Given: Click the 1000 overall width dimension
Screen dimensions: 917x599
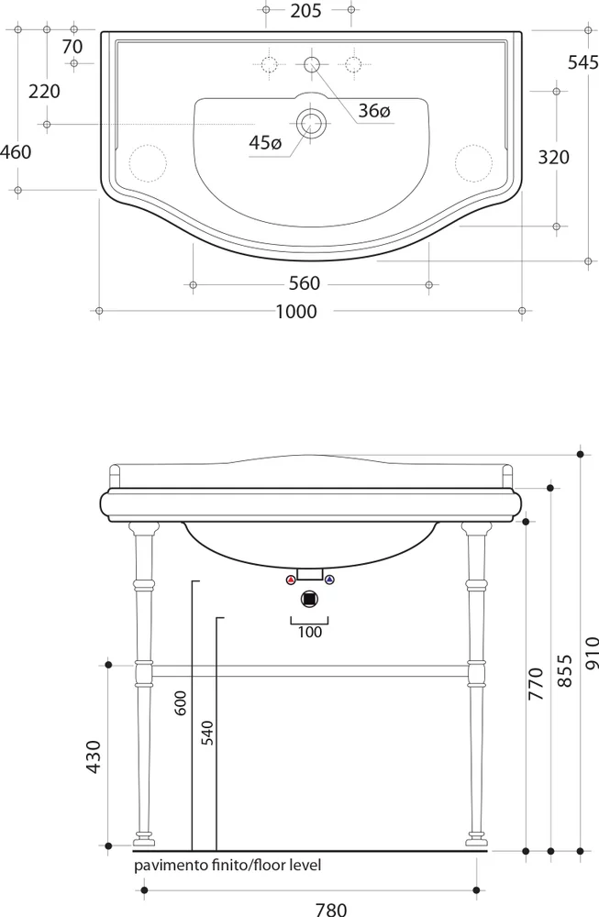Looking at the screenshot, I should click(296, 312).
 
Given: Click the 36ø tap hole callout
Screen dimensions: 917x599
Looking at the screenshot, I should click(374, 111).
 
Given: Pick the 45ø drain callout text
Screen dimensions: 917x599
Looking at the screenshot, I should click(264, 142).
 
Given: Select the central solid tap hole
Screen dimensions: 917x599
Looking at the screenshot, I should click(311, 63).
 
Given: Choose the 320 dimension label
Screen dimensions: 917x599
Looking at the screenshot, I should click(553, 157).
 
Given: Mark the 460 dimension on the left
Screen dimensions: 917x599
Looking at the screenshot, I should click(16, 151).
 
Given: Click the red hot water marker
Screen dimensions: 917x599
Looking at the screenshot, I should click(291, 580).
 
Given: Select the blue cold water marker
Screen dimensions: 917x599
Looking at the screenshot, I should click(330, 580).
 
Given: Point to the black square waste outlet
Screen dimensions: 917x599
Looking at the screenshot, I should click(310, 599).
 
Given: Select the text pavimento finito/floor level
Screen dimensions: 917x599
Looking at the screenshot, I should click(227, 865).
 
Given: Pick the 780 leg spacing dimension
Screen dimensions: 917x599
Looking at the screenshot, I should click(331, 909).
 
